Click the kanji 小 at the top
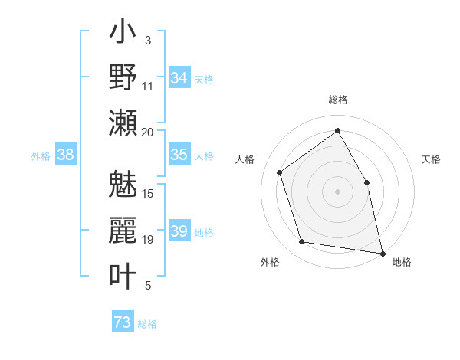pyautogui.click(x=123, y=34)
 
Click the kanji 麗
pyautogui.click(x=123, y=230)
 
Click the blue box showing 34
pyautogui.click(x=179, y=78)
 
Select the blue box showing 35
pyautogui.click(x=179, y=155)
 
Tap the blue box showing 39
pyautogui.click(x=179, y=231)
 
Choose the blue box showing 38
pyautogui.click(x=66, y=155)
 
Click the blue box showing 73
pyautogui.click(x=123, y=322)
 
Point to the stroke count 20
pyautogui.click(x=147, y=132)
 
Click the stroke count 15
pyautogui.click(x=148, y=193)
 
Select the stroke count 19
pyautogui.click(x=148, y=240)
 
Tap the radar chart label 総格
pyautogui.click(x=337, y=100)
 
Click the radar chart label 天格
pyautogui.click(x=431, y=159)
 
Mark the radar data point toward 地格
pyautogui.click(x=383, y=253)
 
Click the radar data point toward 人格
pyautogui.click(x=280, y=172)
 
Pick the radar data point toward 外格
pyautogui.click(x=302, y=242)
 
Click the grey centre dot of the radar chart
pyautogui.click(x=337, y=191)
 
